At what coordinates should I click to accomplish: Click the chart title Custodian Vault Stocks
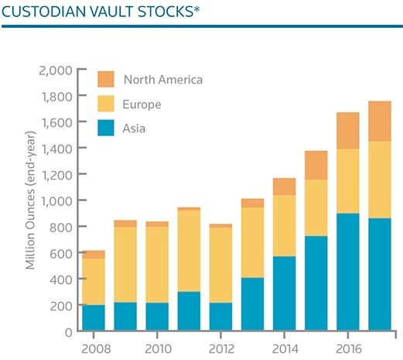[x=101, y=12]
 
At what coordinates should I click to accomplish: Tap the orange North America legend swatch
[x=106, y=79]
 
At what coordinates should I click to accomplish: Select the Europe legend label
[x=142, y=105]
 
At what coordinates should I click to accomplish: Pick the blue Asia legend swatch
[x=106, y=128]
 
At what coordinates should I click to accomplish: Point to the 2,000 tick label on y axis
[x=56, y=70]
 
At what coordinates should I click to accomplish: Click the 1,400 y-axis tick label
[x=56, y=149]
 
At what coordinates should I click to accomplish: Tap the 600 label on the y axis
[x=61, y=254]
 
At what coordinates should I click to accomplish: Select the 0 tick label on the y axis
[x=69, y=332]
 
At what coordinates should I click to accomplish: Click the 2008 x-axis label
[x=96, y=349]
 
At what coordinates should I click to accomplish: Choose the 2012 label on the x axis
[x=221, y=349]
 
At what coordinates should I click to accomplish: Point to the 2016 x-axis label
[x=349, y=349]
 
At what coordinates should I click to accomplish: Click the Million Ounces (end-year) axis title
[x=30, y=201]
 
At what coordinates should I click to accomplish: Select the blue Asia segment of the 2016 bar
[x=348, y=272]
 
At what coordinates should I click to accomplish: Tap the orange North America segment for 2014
[x=285, y=187]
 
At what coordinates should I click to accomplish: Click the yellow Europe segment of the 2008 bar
[x=94, y=282]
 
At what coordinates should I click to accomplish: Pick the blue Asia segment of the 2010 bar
[x=157, y=317]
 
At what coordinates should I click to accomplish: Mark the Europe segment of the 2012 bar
[x=220, y=266]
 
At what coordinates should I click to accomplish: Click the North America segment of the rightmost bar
[x=380, y=121]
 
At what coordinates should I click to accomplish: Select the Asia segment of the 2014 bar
[x=285, y=293]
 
